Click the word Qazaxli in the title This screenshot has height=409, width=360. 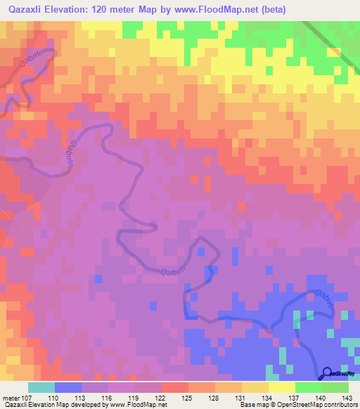(28, 9)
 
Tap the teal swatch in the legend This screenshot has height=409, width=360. (41, 387)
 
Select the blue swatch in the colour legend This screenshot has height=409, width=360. (68, 387)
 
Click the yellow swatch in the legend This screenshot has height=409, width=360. (282, 387)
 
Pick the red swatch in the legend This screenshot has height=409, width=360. (175, 387)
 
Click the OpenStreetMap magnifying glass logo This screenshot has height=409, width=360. (327, 374)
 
